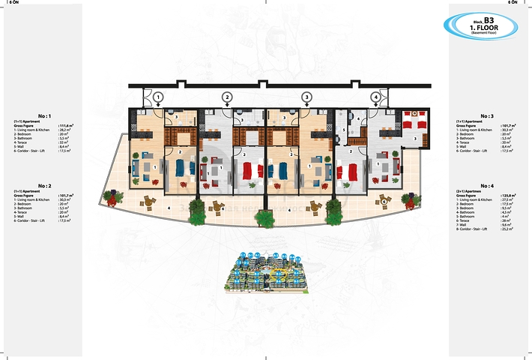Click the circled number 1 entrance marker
158,96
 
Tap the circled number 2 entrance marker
227,96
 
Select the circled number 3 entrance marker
306,96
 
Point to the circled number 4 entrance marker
375,96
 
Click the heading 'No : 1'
43,116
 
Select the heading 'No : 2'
43,184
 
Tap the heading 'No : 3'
488,116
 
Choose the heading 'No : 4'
488,184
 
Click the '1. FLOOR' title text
489,27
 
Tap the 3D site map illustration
266,271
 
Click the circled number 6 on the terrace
384,201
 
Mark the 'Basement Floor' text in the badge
489,34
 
